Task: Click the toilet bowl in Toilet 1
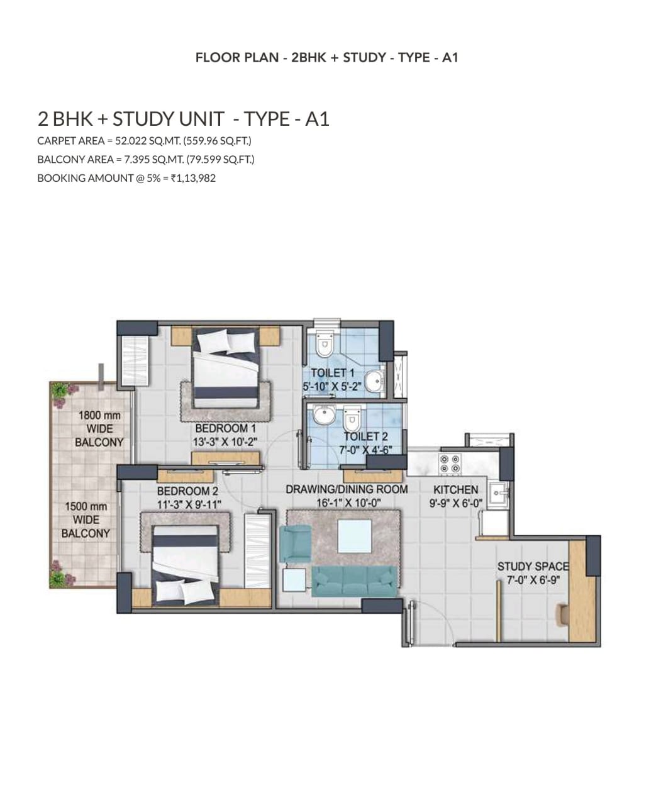click(x=325, y=343)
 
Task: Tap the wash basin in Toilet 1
click(x=375, y=382)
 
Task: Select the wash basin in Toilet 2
click(x=325, y=415)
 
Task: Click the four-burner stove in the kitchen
click(x=450, y=464)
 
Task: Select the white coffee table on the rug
click(x=355, y=536)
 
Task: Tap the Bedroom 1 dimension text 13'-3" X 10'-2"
click(x=225, y=441)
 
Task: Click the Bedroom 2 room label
click(x=188, y=491)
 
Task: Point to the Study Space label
click(x=533, y=567)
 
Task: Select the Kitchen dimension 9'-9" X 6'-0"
click(x=456, y=503)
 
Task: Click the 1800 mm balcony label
click(x=99, y=429)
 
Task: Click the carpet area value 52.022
click(x=130, y=141)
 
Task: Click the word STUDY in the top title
click(x=365, y=57)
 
